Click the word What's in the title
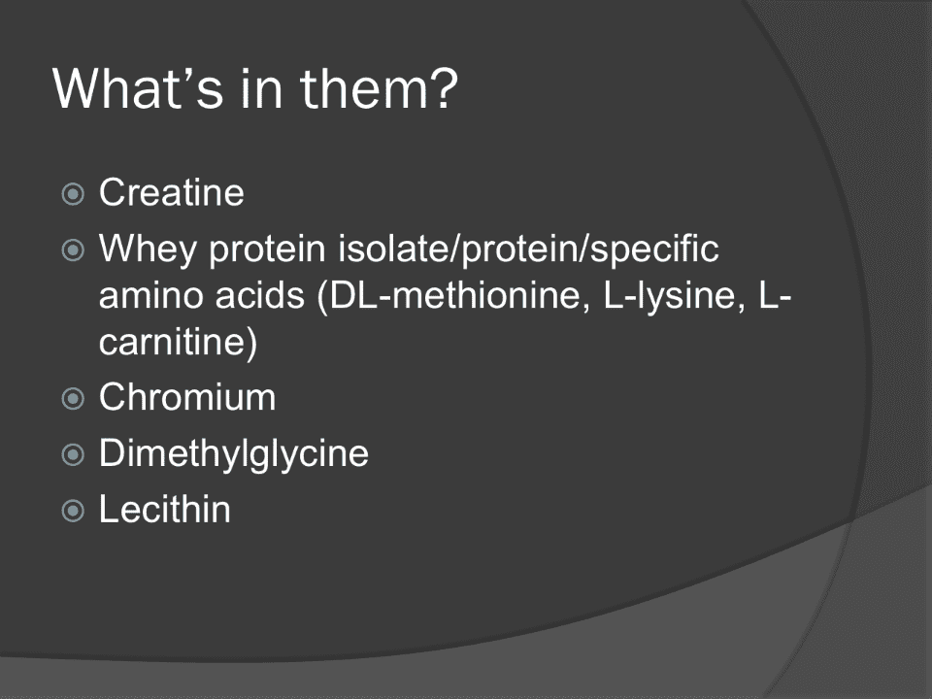(x=138, y=88)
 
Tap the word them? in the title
(x=380, y=88)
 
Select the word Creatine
(x=171, y=192)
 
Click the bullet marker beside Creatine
(x=73, y=194)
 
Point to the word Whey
(x=148, y=249)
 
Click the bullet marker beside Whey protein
(x=73, y=250)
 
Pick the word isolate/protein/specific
(x=528, y=249)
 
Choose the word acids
(x=260, y=295)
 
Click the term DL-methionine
(x=454, y=295)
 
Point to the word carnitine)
(x=179, y=342)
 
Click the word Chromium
(x=187, y=396)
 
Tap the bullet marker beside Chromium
(x=73, y=398)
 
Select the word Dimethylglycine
(x=234, y=454)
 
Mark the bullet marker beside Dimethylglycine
(x=73, y=454)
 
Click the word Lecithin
(x=165, y=509)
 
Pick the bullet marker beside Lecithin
(x=73, y=511)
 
